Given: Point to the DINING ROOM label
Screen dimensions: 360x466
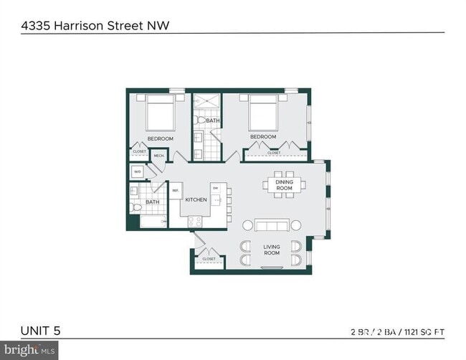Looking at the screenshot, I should (284, 186).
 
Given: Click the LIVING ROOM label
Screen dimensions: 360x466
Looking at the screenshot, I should (271, 250).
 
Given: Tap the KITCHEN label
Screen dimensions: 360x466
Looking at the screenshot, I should (196, 199).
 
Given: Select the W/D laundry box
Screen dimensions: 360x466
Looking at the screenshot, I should (137, 172).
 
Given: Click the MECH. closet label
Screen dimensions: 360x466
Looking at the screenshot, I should (158, 155).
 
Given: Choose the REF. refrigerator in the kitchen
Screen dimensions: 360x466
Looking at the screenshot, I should (175, 191).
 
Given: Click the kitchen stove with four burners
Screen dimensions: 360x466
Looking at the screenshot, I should (194, 222).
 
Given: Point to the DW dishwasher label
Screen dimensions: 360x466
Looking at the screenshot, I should (214, 188).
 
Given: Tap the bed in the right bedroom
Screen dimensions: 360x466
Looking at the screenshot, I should (262, 113).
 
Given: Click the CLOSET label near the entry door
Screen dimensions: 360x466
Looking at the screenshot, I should (209, 259).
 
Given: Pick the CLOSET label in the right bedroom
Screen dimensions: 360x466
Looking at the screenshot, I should (274, 153).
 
